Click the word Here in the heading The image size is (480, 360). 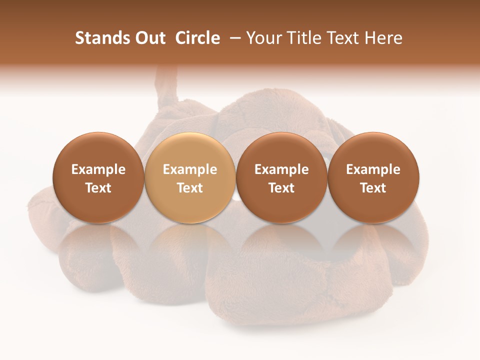[384, 38]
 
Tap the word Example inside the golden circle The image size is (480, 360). [190, 169]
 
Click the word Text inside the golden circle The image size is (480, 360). [190, 188]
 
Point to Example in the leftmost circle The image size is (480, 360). [98, 169]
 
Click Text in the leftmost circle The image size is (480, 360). [98, 188]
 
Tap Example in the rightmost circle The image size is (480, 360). [373, 169]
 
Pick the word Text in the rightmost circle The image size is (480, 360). [373, 188]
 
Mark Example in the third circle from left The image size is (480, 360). [281, 169]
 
